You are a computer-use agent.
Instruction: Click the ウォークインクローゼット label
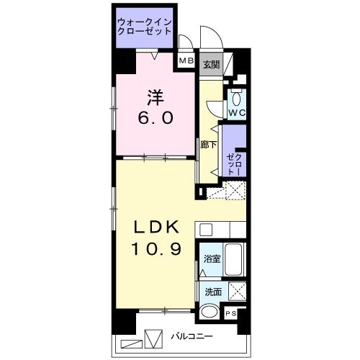[145, 27]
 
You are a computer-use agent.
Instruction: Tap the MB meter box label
[186, 60]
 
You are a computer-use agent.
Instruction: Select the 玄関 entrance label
[212, 64]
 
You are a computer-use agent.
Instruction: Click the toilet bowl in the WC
[236, 98]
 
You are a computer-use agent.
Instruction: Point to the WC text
[237, 112]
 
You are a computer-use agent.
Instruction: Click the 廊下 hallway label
[209, 145]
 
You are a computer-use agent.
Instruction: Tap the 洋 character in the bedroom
[156, 98]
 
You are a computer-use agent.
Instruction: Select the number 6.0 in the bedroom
[156, 118]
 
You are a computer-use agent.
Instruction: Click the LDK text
[156, 227]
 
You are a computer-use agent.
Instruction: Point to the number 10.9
[156, 248]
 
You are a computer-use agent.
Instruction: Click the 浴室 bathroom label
[212, 259]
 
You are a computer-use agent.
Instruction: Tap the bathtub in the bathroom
[233, 260]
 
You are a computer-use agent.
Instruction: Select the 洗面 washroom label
[213, 292]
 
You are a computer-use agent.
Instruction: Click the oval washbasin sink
[210, 312]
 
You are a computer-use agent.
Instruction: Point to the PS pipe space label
[230, 313]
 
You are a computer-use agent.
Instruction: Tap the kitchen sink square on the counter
[206, 230]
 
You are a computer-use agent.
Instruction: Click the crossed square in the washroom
[237, 292]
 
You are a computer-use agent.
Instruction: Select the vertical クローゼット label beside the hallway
[235, 164]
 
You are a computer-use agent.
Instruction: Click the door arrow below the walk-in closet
[155, 56]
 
